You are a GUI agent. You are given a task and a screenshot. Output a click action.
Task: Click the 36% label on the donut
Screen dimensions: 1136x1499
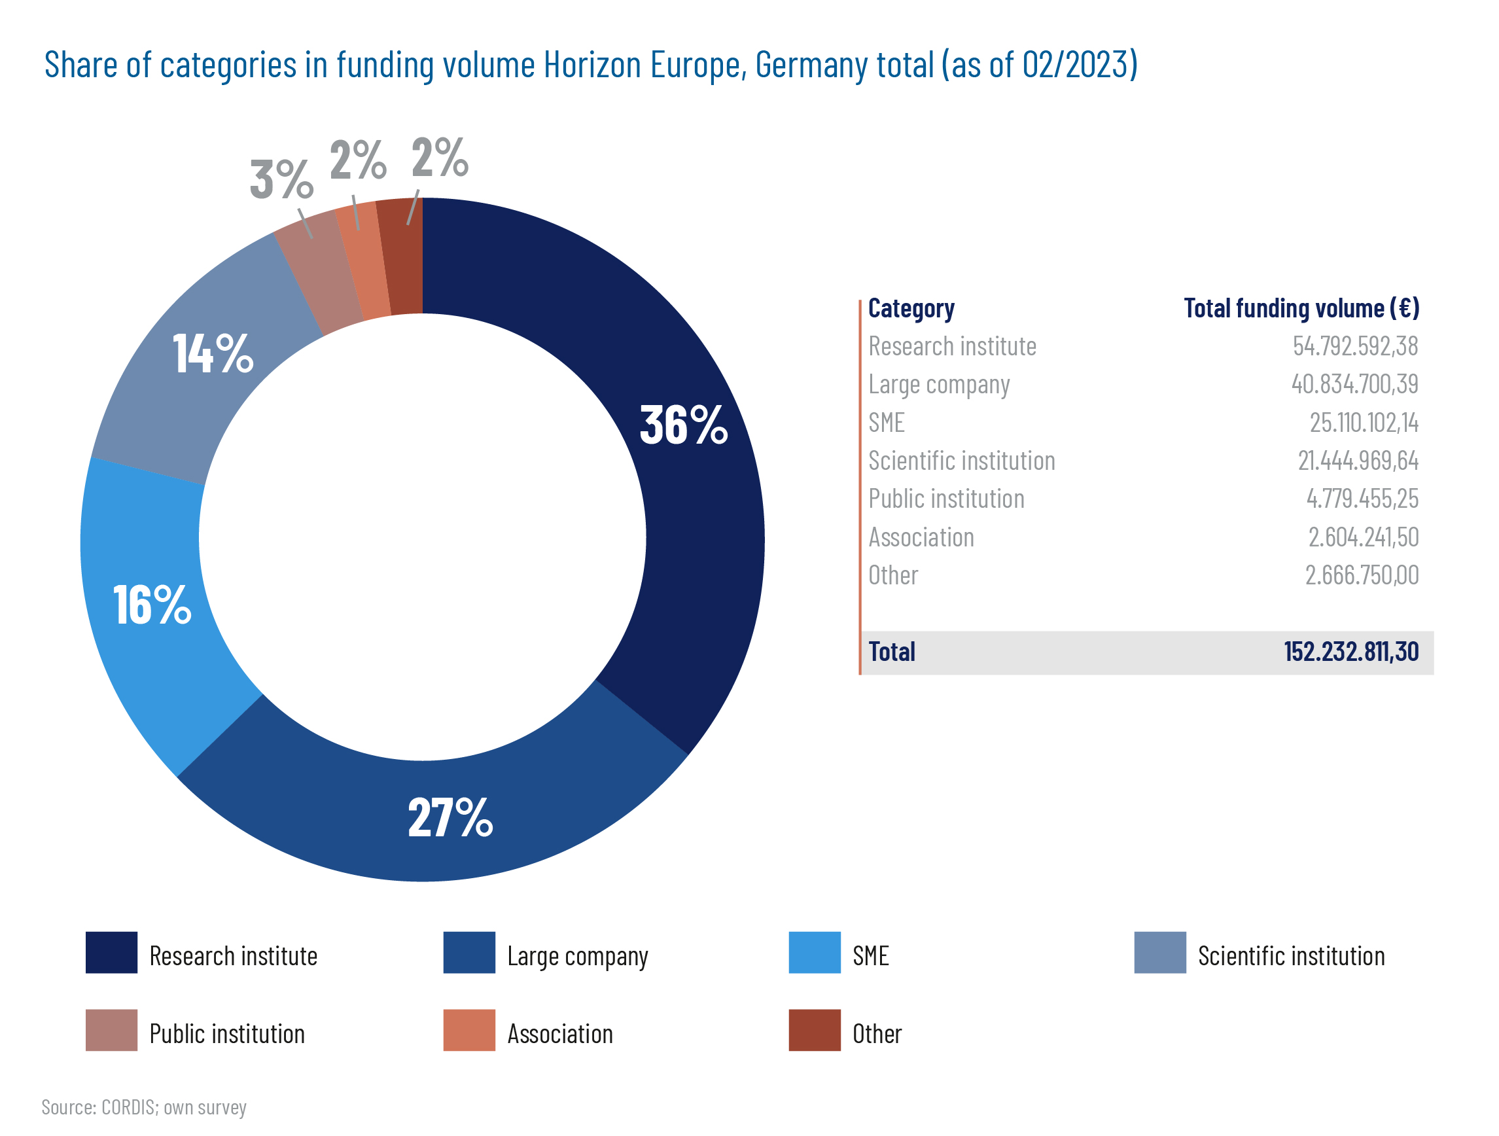683,425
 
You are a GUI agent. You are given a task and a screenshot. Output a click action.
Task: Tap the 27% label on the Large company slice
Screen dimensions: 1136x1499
450,817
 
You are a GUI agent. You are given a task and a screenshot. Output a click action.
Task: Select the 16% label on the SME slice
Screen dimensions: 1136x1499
152,605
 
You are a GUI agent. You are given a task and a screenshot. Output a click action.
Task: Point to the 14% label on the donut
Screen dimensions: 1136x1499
213,354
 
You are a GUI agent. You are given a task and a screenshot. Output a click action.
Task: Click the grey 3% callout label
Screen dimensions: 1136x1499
281,179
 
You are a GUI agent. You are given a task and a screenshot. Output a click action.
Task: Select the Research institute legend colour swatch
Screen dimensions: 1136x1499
111,952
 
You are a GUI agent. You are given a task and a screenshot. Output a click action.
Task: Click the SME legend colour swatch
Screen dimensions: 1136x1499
814,952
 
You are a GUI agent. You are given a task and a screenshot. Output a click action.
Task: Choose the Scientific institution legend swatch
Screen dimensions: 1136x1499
1159,952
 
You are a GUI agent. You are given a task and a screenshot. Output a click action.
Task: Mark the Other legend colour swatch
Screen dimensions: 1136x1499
814,1029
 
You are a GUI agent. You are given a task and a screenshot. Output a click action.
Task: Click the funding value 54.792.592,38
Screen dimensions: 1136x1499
1354,346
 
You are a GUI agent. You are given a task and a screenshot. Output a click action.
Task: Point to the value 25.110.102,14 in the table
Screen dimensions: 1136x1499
1364,423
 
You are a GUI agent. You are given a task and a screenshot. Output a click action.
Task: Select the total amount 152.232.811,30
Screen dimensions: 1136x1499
1350,651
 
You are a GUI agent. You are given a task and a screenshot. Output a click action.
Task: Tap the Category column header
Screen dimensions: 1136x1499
911,308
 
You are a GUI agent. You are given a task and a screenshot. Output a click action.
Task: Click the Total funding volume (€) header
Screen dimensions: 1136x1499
1301,308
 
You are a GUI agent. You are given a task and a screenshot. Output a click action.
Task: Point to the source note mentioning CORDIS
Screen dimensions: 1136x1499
144,1107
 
